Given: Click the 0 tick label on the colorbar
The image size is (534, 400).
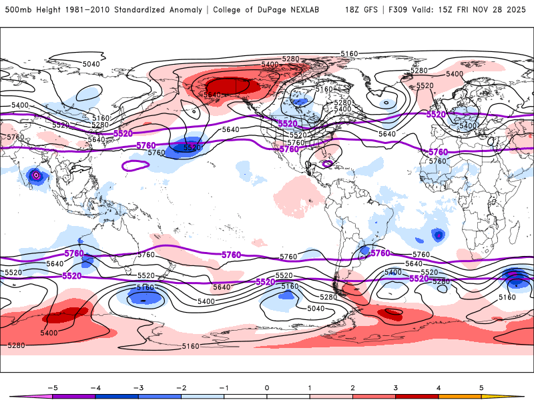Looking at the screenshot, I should (x=267, y=387).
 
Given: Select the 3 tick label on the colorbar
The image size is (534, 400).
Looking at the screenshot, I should (x=396, y=387).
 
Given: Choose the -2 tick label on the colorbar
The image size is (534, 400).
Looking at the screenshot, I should (x=181, y=387).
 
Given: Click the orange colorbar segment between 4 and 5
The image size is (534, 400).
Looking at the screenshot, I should (x=459, y=396).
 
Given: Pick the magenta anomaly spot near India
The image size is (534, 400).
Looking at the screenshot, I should (x=36, y=175).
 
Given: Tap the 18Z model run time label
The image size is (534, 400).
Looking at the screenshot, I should (x=353, y=11).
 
